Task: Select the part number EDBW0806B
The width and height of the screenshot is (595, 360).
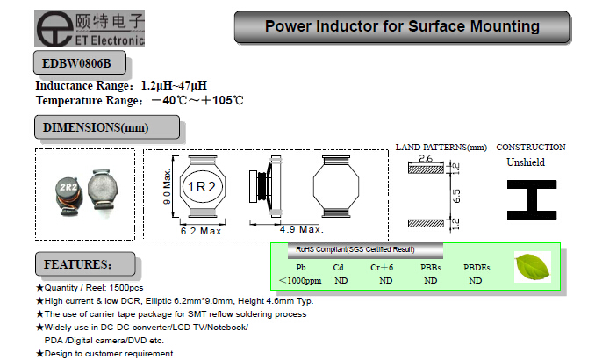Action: point(77,64)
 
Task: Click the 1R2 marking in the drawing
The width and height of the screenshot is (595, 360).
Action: point(200,187)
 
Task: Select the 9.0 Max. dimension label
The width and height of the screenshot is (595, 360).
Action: point(167,187)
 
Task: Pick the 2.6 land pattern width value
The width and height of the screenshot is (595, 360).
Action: point(427,159)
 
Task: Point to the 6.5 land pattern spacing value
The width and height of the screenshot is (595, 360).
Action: point(455,194)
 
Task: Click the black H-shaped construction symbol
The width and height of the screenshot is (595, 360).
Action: point(531,196)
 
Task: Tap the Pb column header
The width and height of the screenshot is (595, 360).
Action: point(302,267)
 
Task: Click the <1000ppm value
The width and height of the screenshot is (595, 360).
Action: point(300,280)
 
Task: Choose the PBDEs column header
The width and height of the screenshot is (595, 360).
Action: point(477,267)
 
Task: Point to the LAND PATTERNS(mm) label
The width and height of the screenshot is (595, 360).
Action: point(441,147)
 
